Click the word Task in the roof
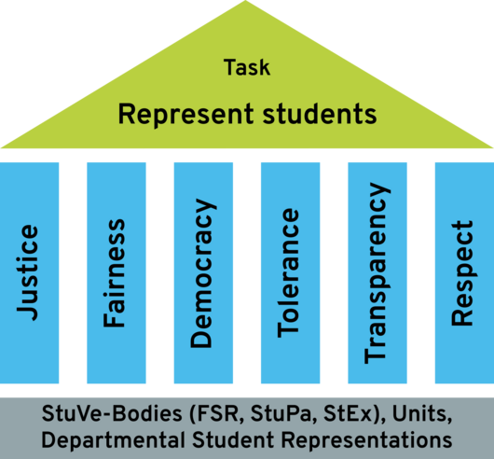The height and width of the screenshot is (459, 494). [247, 67]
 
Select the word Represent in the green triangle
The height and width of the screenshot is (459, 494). [185, 115]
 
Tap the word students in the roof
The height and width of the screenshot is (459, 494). [320, 114]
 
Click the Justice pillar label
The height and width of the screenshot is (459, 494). [28, 273]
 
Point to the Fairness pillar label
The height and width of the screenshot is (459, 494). [114, 273]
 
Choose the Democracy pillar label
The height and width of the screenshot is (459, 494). [203, 273]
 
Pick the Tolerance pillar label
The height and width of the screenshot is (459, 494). [288, 273]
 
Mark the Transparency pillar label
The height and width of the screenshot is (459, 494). [377, 273]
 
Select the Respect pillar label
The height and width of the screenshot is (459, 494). [462, 273]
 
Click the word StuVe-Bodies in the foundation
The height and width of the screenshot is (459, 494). [112, 413]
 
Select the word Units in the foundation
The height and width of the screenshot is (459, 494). [422, 414]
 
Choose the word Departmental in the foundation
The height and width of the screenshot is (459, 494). [114, 440]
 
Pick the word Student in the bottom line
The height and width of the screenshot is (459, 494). [233, 439]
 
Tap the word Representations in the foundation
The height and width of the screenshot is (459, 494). [367, 440]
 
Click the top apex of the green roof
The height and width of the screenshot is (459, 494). [245, 1]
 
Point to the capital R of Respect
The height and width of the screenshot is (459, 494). [462, 317]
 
